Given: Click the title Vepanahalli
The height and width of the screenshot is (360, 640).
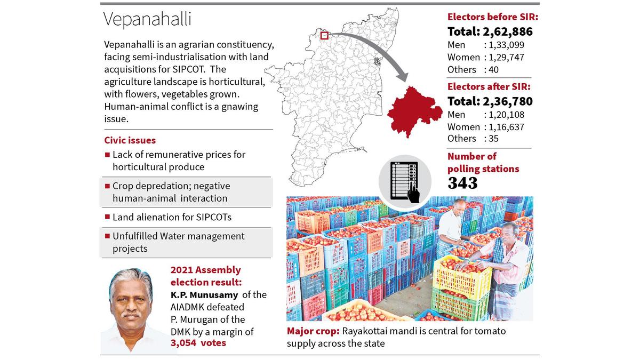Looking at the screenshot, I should click(x=147, y=20).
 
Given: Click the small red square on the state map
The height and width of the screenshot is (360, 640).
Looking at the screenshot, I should click(x=324, y=36).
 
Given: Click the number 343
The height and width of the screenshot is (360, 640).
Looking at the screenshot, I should click(x=462, y=183).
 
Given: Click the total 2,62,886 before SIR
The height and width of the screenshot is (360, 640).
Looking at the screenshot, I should click(x=490, y=31).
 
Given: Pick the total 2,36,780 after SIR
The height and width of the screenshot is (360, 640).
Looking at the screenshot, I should click(x=490, y=101).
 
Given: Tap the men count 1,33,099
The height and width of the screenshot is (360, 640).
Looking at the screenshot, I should click(x=505, y=45).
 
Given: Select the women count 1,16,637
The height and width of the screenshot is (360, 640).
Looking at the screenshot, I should click(x=505, y=127).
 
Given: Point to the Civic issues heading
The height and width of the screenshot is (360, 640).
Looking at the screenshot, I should click(x=130, y=140).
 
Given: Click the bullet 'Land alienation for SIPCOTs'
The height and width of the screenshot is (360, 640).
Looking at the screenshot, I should click(x=172, y=217).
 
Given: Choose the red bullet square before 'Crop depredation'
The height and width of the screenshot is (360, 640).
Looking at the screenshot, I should click(x=107, y=187).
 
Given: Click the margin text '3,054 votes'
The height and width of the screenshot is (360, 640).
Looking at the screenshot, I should click(x=198, y=343).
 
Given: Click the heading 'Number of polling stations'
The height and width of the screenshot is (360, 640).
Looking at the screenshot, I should click(x=483, y=162).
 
